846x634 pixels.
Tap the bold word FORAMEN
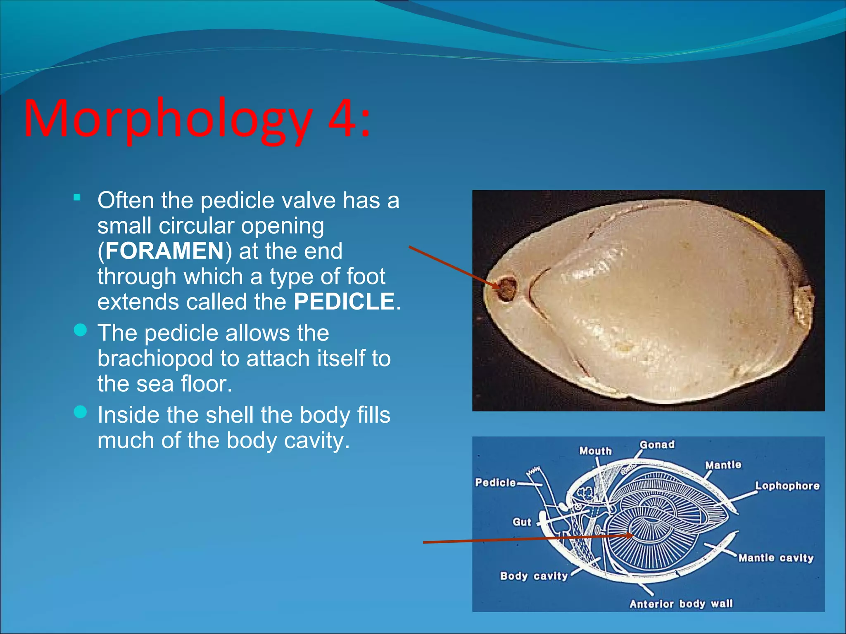tap(164, 251)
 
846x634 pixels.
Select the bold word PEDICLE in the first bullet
tap(344, 302)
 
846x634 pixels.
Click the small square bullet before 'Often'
tap(77, 198)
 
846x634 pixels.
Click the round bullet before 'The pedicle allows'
tap(80, 330)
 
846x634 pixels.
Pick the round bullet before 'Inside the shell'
tap(80, 412)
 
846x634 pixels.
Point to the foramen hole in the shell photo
tap(506, 288)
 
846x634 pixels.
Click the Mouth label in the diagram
tap(595, 451)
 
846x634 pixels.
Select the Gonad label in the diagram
tap(657, 445)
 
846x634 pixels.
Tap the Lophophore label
tap(787, 486)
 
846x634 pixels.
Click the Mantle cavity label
tap(776, 558)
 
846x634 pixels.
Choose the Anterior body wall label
tap(681, 604)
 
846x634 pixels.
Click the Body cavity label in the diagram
tap(534, 576)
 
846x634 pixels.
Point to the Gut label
tap(522, 522)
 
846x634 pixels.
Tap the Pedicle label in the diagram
tap(495, 483)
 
